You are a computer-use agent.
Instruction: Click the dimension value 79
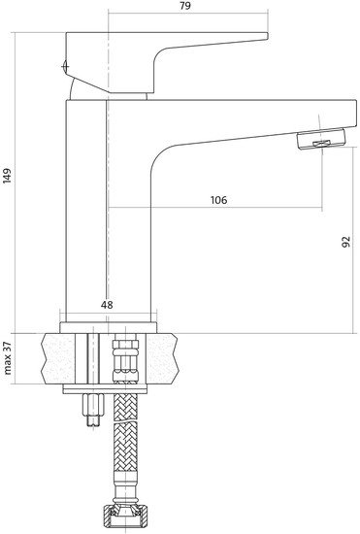(x=185, y=6)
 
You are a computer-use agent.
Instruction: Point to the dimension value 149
(x=7, y=176)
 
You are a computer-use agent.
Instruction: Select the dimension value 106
(x=218, y=200)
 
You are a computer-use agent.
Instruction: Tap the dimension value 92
(x=345, y=242)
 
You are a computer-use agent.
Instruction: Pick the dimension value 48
(x=107, y=305)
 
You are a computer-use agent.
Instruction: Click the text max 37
(x=8, y=358)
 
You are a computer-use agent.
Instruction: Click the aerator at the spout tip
(x=321, y=139)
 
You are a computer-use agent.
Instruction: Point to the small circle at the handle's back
(x=65, y=66)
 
